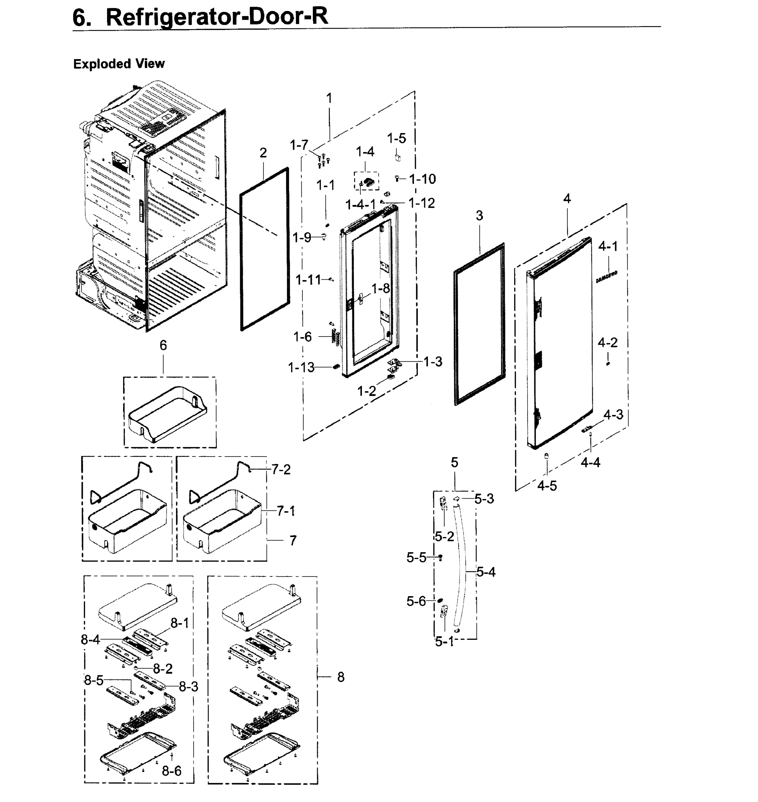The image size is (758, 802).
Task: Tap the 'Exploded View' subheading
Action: (119, 64)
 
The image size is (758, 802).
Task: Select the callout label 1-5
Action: (396, 138)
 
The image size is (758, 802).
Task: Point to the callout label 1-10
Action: (422, 179)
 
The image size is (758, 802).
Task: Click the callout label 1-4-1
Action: (360, 205)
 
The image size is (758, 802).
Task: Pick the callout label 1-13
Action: (301, 367)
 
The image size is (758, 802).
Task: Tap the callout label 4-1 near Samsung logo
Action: (608, 246)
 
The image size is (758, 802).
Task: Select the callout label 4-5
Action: (547, 486)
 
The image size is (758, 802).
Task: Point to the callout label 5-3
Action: (484, 499)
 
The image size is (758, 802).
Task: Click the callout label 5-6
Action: (416, 601)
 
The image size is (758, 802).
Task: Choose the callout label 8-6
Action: (172, 771)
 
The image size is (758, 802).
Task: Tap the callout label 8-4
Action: (91, 639)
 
